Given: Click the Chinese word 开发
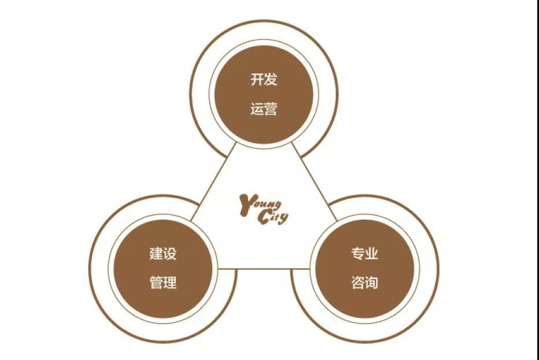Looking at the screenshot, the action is pos(264,79).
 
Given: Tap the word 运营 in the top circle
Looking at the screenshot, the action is pos(264,109).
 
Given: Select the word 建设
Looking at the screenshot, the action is pos(163,254).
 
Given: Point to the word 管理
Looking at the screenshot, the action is pos(163,283).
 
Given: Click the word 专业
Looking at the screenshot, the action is pos(365,254).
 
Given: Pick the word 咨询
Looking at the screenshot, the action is pos(365,283).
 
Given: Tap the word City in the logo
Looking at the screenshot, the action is pos(273,217).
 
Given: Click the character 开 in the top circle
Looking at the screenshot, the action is pos(257,79).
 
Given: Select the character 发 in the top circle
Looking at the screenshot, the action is pos(271,79).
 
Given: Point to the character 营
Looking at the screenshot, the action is pos(271,109).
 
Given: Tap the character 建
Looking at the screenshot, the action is pos(156,254).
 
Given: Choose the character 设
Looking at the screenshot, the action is pos(170,254).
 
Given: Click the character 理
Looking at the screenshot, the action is pos(170,283).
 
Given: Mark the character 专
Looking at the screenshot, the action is pos(358,254).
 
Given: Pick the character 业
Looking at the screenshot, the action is pos(372,254).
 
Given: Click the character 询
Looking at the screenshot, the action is pos(372,283).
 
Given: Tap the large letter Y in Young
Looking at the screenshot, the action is pos(246,205).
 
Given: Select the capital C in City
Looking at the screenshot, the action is pos(263,217).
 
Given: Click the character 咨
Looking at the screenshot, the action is pos(358,283).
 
